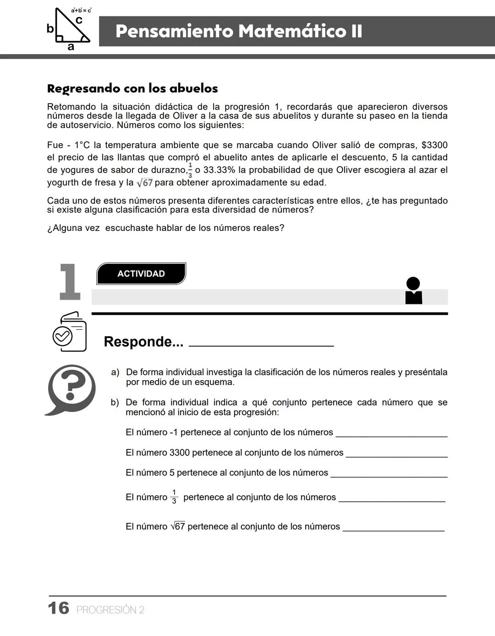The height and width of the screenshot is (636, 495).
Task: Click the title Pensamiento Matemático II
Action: pos(239,31)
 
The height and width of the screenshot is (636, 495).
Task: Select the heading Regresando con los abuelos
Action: pos(132,88)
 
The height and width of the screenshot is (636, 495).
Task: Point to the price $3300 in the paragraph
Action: pos(434,145)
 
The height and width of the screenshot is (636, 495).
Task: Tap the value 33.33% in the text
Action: pos(219,170)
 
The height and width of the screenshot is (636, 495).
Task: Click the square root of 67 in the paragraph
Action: pos(145,183)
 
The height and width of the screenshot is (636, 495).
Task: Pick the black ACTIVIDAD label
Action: pos(141,274)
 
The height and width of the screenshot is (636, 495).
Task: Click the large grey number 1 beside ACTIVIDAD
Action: pos(70,282)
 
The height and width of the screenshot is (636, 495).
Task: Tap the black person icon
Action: pos(413,291)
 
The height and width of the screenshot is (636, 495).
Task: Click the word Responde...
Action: pos(143,342)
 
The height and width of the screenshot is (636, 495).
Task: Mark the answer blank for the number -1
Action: pos(391,435)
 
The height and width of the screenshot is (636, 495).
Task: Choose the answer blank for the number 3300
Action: pos(396,455)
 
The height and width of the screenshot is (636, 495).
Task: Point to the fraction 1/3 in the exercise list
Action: pos(174,497)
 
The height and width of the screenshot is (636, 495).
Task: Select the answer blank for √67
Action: pos(394,529)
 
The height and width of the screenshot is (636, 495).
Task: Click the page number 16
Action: pos(59,609)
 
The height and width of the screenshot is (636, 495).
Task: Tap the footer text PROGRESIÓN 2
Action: pos(110,610)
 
